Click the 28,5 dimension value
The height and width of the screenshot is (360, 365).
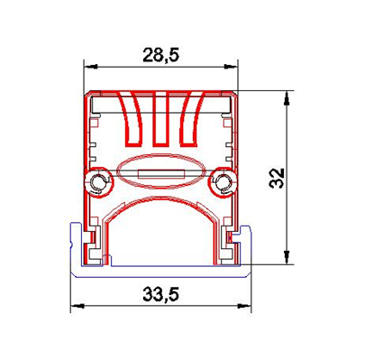click(x=160, y=55)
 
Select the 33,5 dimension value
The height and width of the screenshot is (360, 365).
click(x=160, y=294)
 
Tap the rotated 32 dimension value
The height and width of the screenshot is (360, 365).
click(x=277, y=178)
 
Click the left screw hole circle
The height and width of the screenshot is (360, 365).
click(x=98, y=181)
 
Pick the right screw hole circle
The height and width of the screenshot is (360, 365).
click(x=223, y=181)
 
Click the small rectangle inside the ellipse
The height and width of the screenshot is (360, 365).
click(x=161, y=174)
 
